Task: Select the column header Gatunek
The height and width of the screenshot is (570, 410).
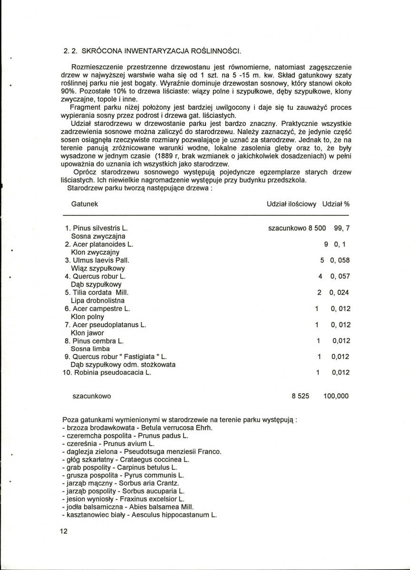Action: pos(85,203)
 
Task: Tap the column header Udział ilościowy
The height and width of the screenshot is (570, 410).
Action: pos(291,203)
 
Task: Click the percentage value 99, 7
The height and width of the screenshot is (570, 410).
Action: pos(342,228)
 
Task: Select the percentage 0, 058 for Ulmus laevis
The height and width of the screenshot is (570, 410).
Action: pos(340,260)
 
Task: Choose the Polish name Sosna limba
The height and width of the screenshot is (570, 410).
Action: pos(90,348)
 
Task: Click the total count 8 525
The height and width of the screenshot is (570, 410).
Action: pos(300,396)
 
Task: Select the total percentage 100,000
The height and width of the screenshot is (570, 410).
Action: pos(336,396)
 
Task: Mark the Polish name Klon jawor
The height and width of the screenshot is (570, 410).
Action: pos(87,332)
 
